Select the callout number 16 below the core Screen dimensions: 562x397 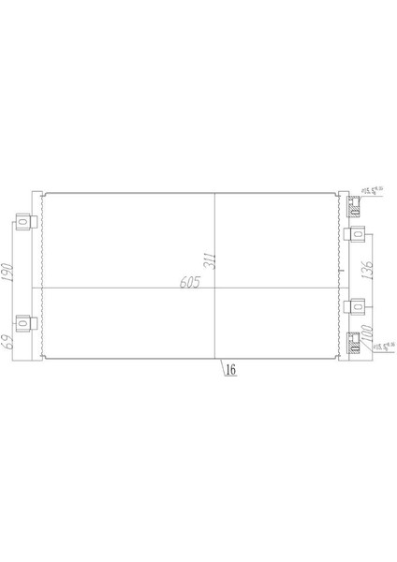[x=229, y=369]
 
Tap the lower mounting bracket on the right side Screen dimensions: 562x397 [x=356, y=306]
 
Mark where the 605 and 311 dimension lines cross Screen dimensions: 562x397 [x=216, y=287]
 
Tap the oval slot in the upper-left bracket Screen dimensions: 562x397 [x=28, y=224]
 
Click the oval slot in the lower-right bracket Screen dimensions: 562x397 [x=357, y=306]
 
